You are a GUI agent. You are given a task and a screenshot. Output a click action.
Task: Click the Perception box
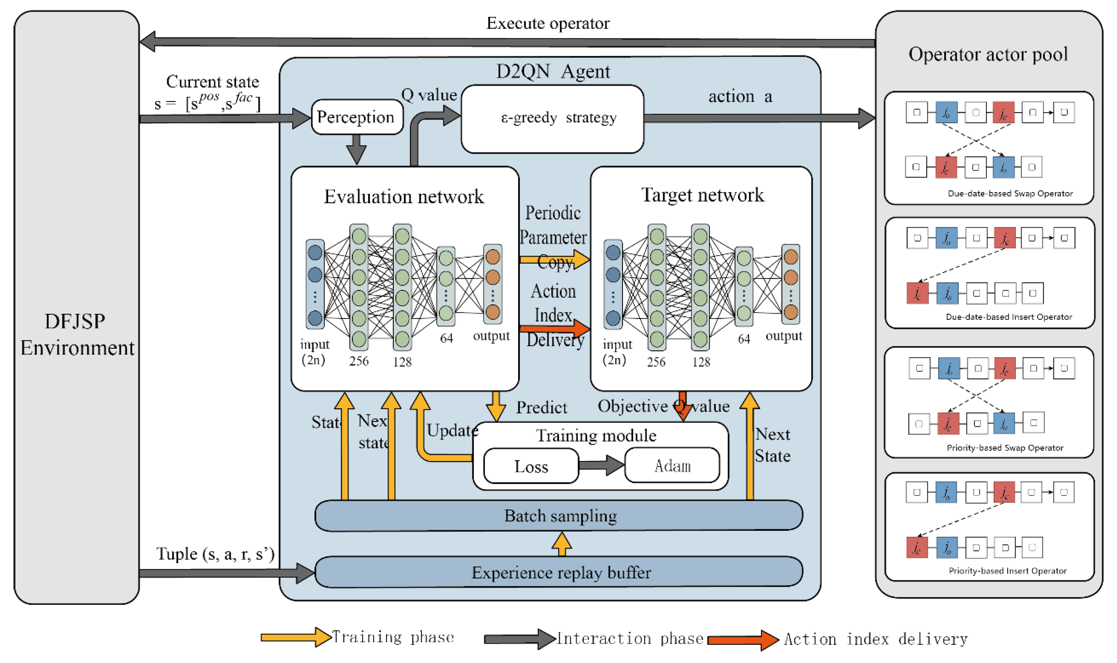356,117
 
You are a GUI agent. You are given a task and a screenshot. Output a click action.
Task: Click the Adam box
672,466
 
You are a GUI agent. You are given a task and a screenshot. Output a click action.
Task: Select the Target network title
702,195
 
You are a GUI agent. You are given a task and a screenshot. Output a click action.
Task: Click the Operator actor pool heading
988,54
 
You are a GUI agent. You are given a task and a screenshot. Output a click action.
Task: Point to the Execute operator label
547,23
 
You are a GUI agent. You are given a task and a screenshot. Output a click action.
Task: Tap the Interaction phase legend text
630,638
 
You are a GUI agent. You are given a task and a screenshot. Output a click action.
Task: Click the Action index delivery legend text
875,639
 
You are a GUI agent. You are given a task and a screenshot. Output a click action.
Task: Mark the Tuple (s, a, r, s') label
215,554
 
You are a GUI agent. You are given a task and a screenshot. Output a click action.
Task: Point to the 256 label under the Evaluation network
359,361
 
